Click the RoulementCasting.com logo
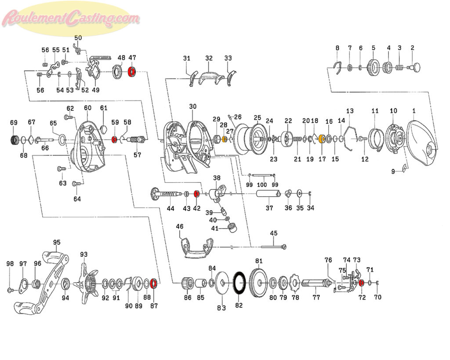70,18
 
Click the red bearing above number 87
153,284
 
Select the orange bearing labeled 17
322,139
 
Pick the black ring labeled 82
239,284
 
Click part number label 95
57,242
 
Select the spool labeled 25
250,138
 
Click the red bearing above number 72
361,283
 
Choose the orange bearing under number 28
225,139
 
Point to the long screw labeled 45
273,246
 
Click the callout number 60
87,108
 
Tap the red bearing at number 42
196,194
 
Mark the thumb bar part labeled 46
196,248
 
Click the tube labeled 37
268,194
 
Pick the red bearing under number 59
114,140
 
